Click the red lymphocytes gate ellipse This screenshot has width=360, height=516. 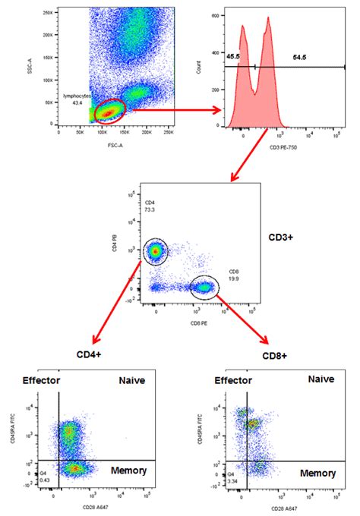(109, 111)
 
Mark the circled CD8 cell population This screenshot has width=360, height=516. (204, 287)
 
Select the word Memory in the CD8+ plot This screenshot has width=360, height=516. (317, 472)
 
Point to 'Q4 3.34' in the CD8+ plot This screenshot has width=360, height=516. (218, 477)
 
